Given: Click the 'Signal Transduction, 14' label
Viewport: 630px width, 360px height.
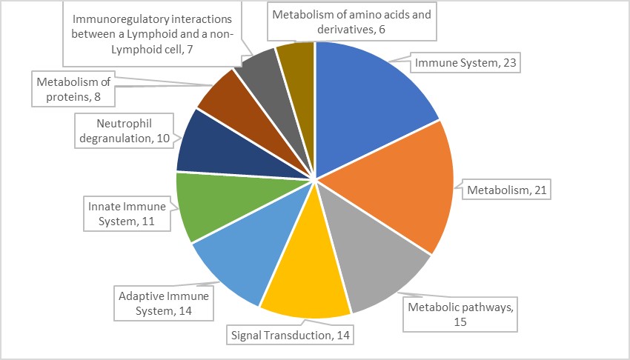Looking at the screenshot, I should [x=289, y=335].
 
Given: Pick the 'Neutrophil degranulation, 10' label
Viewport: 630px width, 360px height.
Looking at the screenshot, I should [x=123, y=130].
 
